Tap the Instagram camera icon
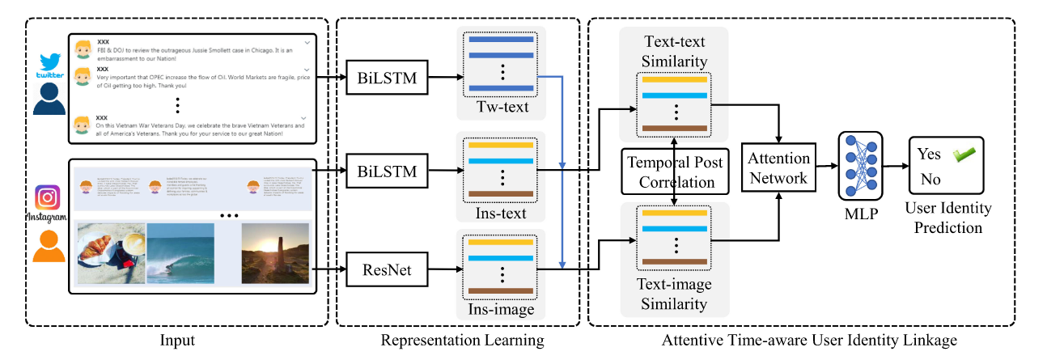48,198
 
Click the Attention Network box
777,168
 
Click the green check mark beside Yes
964,154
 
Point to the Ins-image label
502,308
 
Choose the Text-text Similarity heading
673,51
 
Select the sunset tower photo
274,253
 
